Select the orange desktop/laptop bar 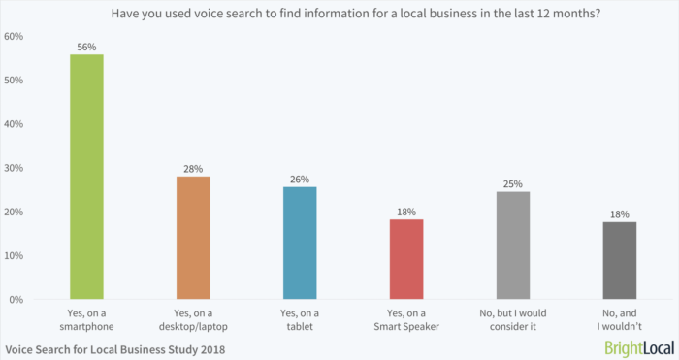[x=193, y=238]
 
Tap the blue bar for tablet [x=300, y=243]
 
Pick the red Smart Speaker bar [x=406, y=259]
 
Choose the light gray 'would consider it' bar [x=513, y=245]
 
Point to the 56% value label [x=86, y=46]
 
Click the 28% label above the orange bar [x=193, y=168]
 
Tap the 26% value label [x=300, y=179]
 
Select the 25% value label [x=513, y=183]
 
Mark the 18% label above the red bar [x=406, y=211]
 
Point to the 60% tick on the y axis [x=15, y=36]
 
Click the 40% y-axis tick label [x=15, y=124]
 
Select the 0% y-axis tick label [x=17, y=300]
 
